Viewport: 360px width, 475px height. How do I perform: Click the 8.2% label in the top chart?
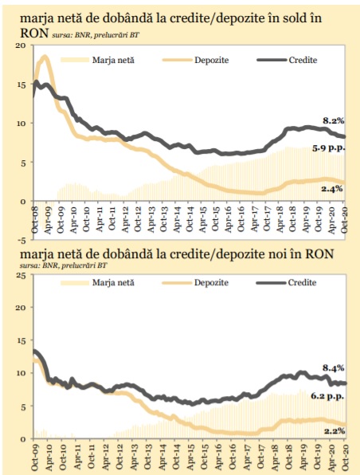[x=334, y=121]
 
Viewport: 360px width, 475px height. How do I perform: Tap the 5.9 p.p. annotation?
[x=329, y=148]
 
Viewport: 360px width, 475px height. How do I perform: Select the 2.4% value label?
[x=332, y=188]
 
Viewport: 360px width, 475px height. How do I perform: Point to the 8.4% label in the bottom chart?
[x=334, y=368]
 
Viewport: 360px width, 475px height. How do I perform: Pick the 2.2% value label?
[x=335, y=430]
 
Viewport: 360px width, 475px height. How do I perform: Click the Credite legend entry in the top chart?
[x=288, y=60]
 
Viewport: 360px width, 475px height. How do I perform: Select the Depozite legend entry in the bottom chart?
[x=195, y=283]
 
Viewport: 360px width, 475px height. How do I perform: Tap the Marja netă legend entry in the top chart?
[x=97, y=60]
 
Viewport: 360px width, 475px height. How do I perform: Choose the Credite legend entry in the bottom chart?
[x=287, y=283]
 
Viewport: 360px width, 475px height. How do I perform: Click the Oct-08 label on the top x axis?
[x=34, y=219]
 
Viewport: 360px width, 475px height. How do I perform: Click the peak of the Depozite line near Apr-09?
[x=45, y=57]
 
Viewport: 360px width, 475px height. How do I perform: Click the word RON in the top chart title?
[x=34, y=33]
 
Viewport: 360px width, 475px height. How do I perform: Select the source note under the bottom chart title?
[x=63, y=265]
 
